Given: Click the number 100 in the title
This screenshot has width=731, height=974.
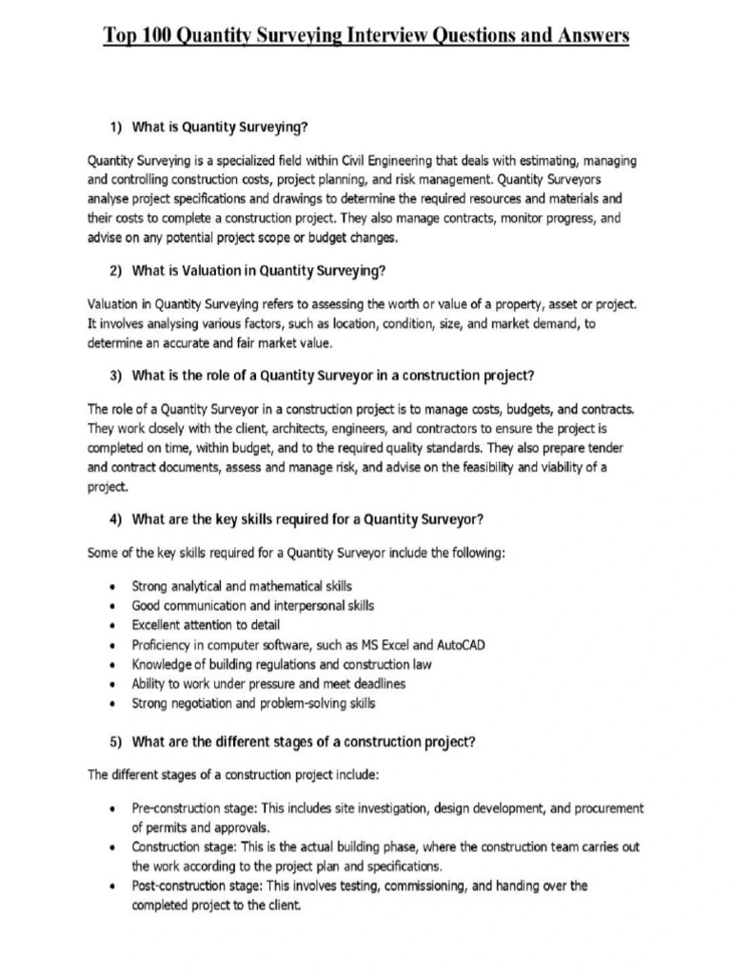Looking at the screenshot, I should (151, 36).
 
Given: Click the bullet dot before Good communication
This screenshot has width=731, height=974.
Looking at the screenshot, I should (114, 606).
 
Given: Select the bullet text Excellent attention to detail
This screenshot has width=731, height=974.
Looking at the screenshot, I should (206, 625).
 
